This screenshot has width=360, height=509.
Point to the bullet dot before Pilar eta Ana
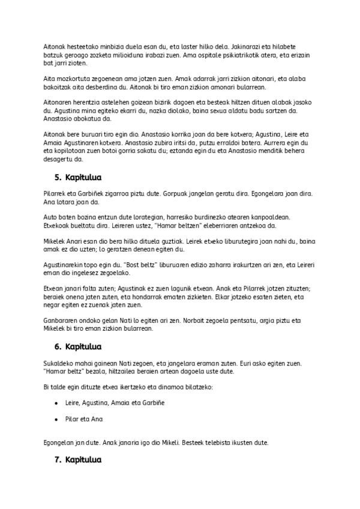(56, 419)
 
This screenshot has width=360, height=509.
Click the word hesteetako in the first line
(83, 46)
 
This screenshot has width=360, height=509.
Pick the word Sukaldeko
(61, 363)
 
